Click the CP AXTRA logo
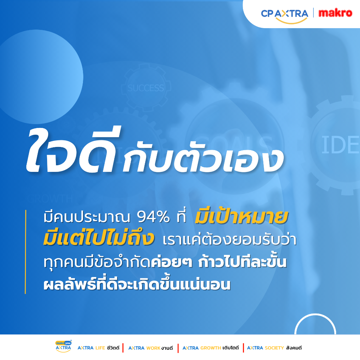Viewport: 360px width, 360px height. (284, 15)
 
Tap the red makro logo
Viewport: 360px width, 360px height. (335, 13)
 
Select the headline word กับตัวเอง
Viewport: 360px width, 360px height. (203, 160)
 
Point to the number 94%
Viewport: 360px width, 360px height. (153, 217)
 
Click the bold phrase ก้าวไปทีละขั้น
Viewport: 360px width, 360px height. (243, 262)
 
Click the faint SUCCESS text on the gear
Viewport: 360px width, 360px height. (146, 88)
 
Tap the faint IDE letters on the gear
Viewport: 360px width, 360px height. (340, 144)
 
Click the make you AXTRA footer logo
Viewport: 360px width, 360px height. (63, 346)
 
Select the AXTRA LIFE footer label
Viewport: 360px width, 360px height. (98, 348)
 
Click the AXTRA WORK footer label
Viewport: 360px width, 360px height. (150, 348)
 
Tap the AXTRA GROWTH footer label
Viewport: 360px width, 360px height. (211, 348)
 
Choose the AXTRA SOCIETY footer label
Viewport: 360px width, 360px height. (274, 348)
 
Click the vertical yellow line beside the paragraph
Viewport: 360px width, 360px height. (25, 252)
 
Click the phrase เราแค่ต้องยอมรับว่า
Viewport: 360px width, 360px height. (230, 239)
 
